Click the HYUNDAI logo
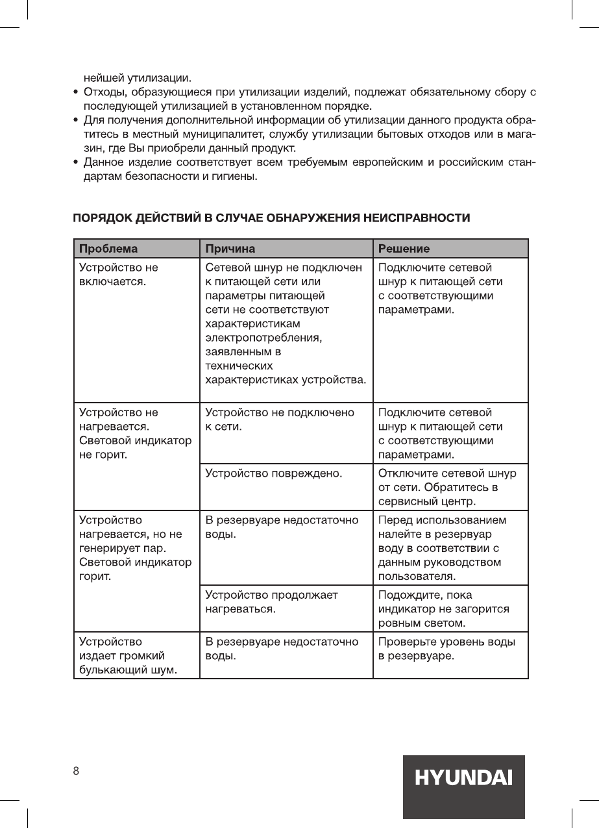[x=463, y=777]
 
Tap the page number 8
[x=76, y=771]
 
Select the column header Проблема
[x=108, y=249]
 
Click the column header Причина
[x=230, y=249]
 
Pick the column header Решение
[x=404, y=249]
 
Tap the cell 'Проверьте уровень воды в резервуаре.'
[x=447, y=649]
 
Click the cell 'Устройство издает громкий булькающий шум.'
[x=128, y=656]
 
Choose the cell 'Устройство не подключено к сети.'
[x=280, y=420]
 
